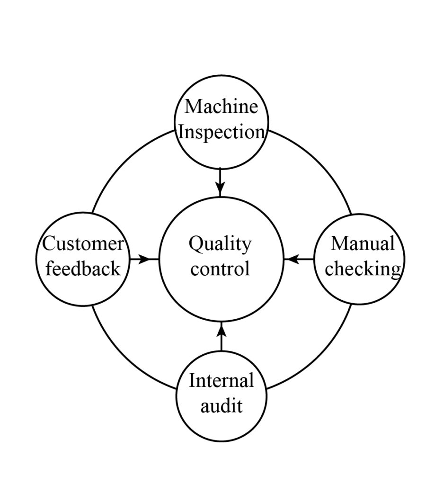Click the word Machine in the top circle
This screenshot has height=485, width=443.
click(221, 107)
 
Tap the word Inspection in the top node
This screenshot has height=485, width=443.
click(221, 132)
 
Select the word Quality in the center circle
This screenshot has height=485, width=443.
click(220, 245)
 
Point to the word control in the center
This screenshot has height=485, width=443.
click(220, 269)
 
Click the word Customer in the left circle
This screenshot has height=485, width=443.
click(83, 244)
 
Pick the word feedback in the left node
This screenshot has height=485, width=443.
click(83, 269)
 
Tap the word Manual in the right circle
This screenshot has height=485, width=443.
click(362, 244)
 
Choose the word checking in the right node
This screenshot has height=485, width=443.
click(363, 269)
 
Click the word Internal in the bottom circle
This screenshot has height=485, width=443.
click(221, 380)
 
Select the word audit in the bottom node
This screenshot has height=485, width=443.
click(221, 406)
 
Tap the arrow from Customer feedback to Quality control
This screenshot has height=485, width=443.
click(144, 259)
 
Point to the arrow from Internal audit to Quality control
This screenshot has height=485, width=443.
click(221, 337)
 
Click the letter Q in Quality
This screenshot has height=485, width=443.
click(195, 245)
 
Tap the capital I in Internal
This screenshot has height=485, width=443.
click(192, 380)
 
